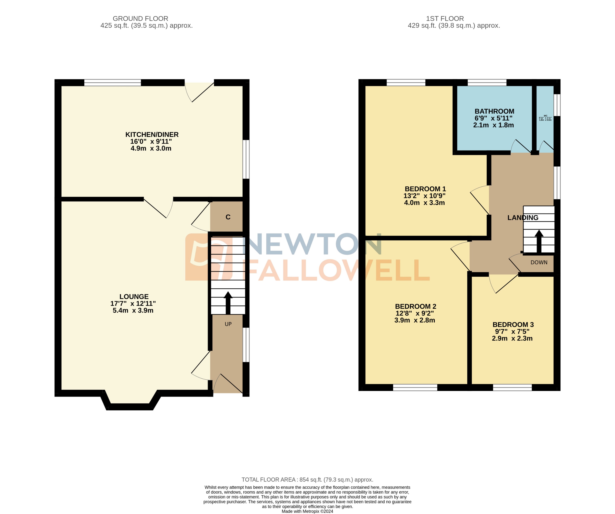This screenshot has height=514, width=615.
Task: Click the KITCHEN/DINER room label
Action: (152, 134)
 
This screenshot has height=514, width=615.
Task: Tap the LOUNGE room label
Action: (134, 297)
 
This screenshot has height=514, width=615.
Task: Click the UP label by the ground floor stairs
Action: (228, 324)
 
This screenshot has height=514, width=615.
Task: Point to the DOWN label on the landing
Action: (539, 263)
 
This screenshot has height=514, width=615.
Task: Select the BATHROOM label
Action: (494, 111)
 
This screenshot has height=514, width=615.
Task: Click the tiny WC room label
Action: (545, 116)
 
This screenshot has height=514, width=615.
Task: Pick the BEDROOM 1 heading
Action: (425, 189)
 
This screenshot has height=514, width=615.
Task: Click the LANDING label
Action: (523, 218)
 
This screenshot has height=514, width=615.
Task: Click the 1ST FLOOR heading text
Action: (445, 19)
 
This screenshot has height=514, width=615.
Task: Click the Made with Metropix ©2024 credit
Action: (307, 511)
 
